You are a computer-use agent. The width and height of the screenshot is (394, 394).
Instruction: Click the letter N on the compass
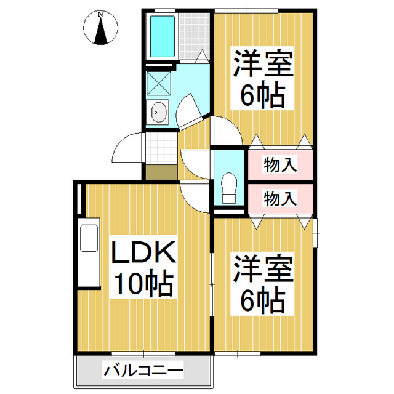[100, 14]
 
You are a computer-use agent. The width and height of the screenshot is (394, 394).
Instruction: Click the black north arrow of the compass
[101, 30]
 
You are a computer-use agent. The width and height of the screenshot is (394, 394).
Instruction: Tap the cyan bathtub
[163, 36]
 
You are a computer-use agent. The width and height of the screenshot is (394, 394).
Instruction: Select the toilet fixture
[230, 188]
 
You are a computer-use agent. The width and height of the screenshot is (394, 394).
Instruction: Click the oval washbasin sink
[158, 112]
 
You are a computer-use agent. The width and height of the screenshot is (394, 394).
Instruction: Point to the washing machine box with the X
[159, 84]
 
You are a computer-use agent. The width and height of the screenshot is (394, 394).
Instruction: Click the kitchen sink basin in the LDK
[89, 238]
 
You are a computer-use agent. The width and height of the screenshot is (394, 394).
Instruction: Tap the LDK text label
[143, 252]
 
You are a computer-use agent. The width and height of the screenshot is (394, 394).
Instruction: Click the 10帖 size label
[144, 283]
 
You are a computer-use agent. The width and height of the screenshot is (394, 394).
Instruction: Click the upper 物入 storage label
[280, 164]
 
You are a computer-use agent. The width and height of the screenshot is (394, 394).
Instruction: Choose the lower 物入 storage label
[280, 198]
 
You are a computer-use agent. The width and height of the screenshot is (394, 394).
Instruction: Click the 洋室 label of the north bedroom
[263, 64]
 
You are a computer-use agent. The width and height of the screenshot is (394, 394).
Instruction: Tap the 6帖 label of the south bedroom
[263, 300]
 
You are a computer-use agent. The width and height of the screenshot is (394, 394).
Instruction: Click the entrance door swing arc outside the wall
[127, 148]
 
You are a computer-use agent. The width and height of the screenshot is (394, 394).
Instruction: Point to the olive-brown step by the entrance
[161, 172]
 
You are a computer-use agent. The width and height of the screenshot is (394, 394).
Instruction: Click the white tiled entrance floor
[161, 148]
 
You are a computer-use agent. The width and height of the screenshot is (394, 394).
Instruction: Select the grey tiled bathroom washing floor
[195, 36]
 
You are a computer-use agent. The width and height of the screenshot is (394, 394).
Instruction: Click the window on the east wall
[315, 233]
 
